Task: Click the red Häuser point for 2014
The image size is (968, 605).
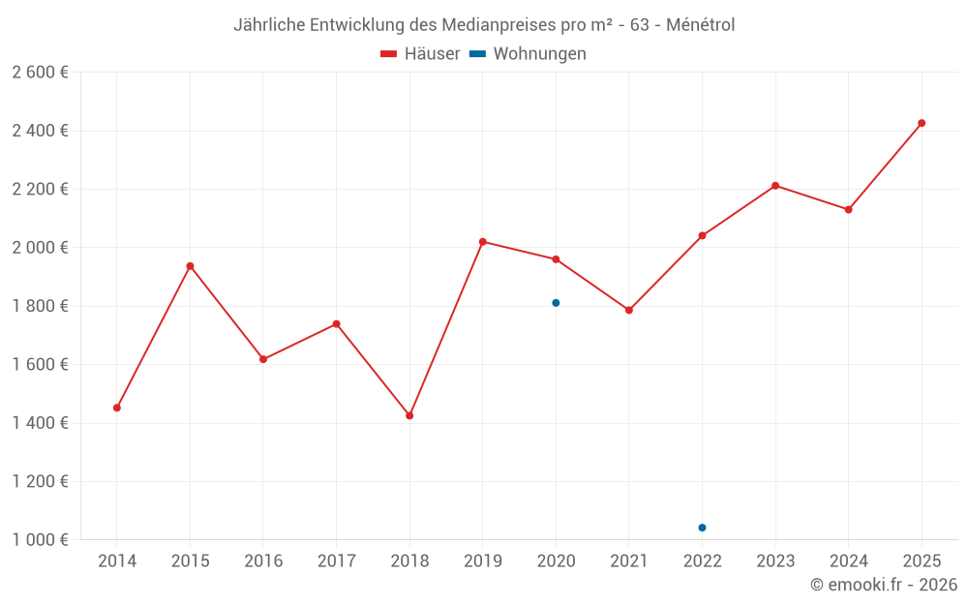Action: point(117,408)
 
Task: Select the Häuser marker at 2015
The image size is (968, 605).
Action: point(190,266)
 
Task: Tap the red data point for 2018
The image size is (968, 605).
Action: point(409,415)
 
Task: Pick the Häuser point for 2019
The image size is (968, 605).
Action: point(483,242)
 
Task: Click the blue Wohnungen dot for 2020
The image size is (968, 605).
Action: point(556,303)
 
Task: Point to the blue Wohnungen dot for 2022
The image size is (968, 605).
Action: point(702,528)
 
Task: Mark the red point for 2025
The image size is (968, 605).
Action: point(922,123)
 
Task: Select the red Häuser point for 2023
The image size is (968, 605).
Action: point(775,186)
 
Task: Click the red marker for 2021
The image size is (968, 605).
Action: point(629,310)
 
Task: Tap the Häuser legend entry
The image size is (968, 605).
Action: point(421,54)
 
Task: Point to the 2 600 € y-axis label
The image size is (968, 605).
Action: point(40,73)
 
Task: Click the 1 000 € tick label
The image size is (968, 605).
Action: point(40,540)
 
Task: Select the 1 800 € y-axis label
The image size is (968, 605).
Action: point(40,306)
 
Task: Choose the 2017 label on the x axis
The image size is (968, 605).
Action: point(336,560)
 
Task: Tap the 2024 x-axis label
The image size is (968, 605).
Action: point(848,560)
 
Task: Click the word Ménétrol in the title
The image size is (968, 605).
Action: point(701,25)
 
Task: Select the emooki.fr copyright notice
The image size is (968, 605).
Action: point(884,585)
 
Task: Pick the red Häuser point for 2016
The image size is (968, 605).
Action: point(263,359)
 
